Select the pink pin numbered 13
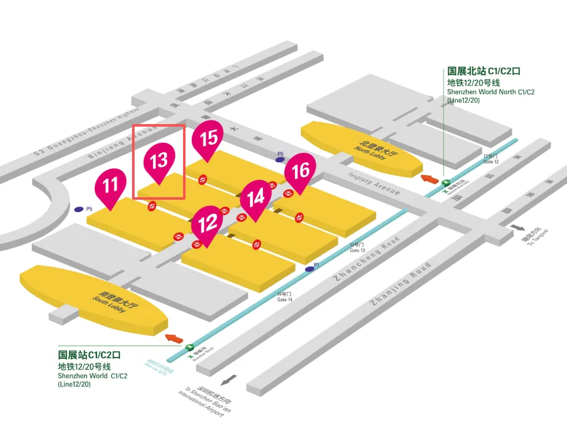click(159, 162)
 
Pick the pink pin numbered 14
click(256, 198)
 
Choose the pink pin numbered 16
click(300, 171)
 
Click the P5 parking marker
click(79, 210)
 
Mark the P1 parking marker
click(309, 269)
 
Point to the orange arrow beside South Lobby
click(174, 338)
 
